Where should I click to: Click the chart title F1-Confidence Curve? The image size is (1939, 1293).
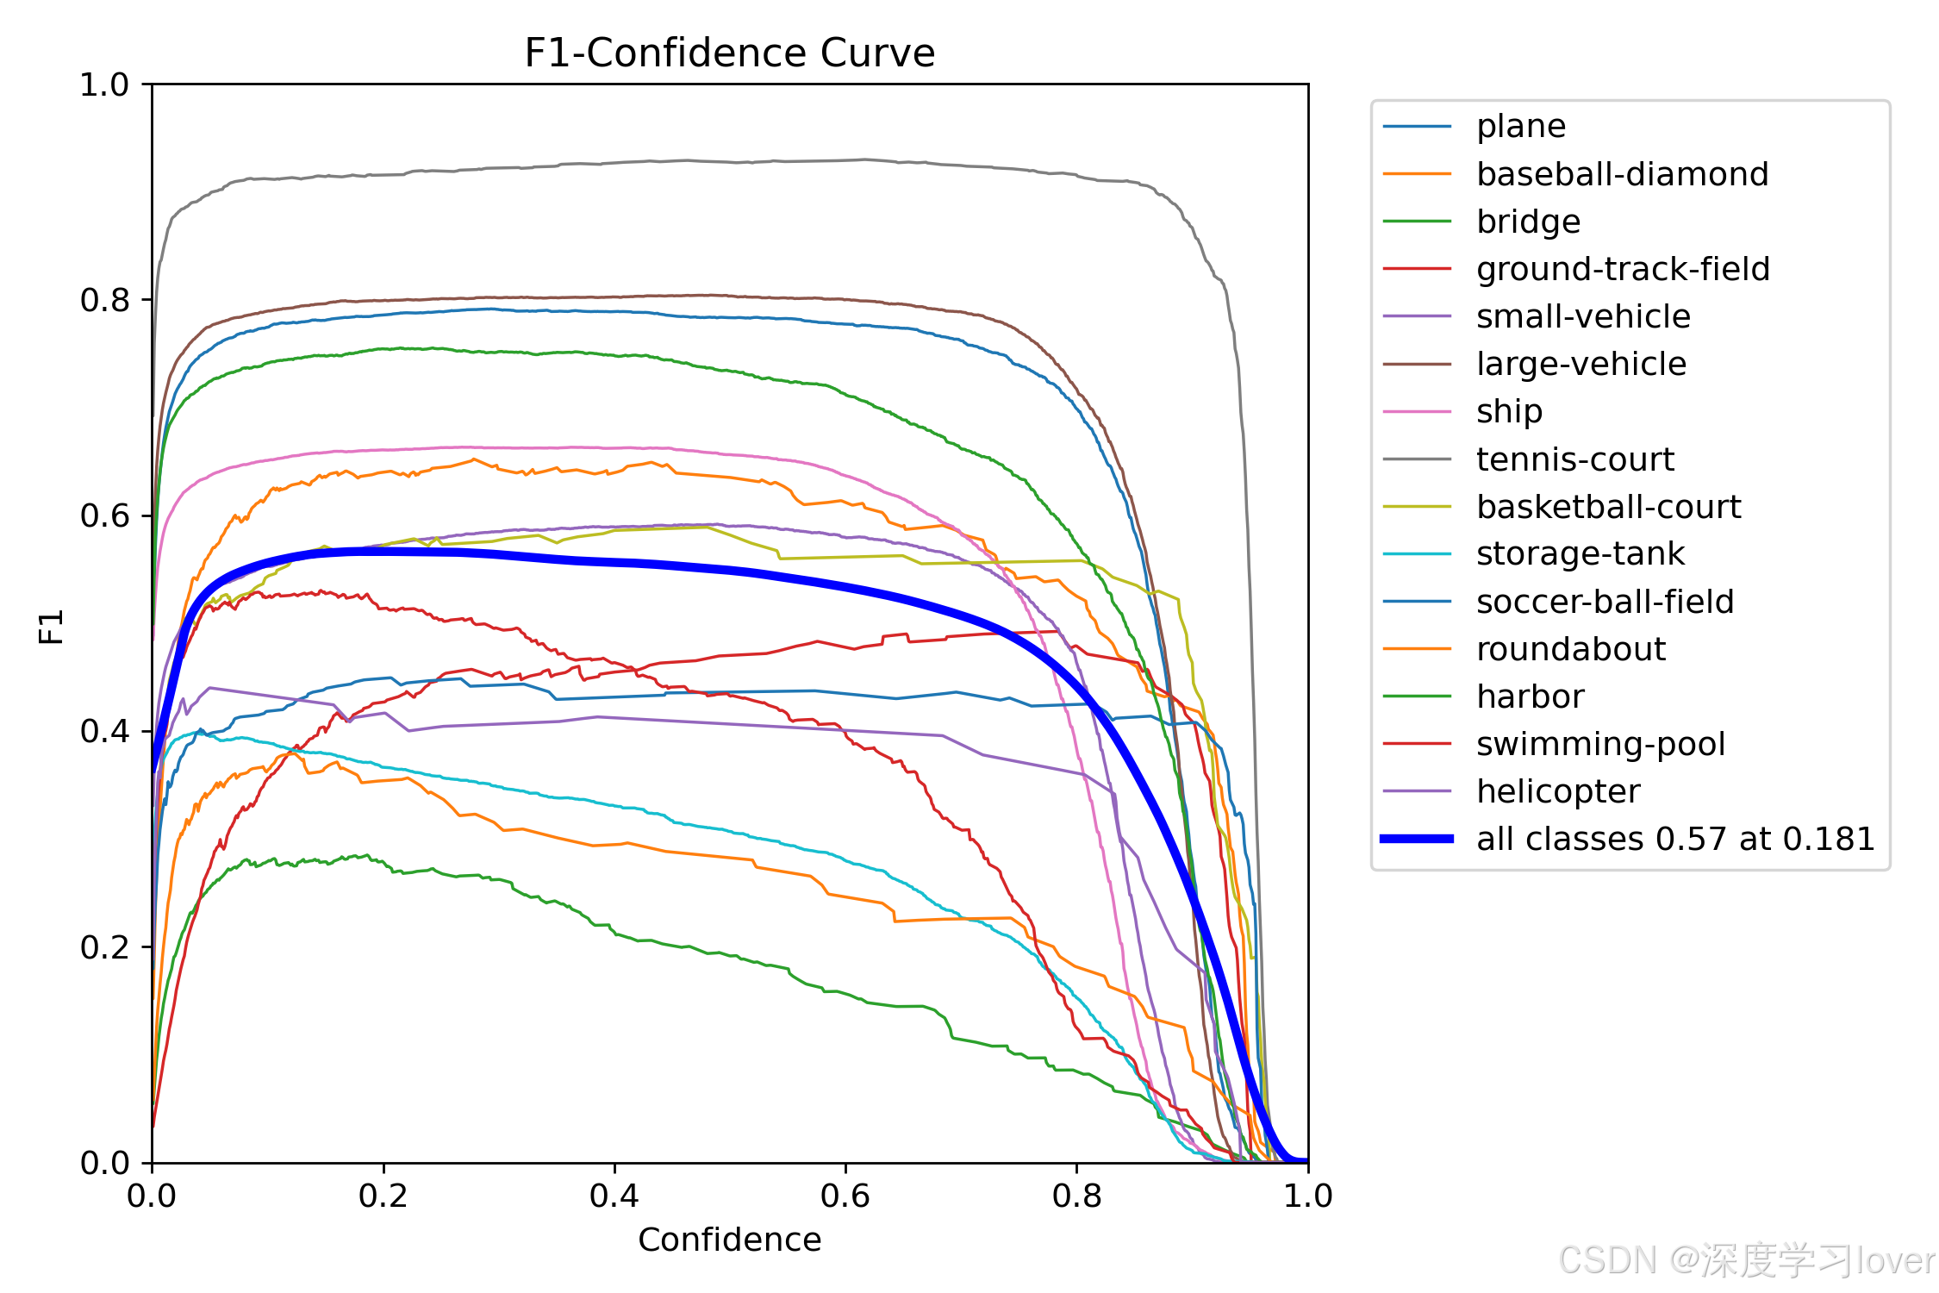(729, 53)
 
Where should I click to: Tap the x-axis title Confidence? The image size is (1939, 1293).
(729, 1240)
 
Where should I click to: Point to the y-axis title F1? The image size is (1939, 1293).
(52, 627)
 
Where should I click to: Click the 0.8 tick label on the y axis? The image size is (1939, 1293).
(104, 300)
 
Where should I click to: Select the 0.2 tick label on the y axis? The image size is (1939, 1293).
(104, 947)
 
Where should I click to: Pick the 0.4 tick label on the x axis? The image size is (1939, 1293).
(614, 1196)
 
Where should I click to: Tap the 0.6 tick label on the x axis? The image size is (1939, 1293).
(845, 1196)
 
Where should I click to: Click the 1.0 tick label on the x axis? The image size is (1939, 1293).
(1308, 1196)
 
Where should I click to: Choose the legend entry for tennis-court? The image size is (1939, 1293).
(1529, 459)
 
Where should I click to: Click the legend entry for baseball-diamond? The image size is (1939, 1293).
(1575, 174)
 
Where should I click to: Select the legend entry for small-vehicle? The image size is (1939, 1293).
(1537, 316)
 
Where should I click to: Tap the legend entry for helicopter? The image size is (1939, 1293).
(1512, 791)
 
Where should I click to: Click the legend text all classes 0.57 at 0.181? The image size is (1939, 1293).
(1675, 839)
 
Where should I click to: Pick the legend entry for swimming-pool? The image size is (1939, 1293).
(1554, 744)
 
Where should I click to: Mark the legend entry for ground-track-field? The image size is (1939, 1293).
(1576, 269)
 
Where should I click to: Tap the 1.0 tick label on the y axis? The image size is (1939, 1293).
(104, 84)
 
